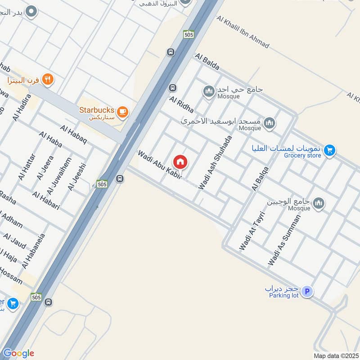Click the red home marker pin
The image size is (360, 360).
click(x=180, y=162)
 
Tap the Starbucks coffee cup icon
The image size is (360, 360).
click(x=122, y=112)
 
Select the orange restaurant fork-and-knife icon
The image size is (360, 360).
click(x=48, y=80)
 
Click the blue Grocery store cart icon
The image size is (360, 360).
click(x=330, y=150)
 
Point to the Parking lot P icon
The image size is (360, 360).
click(x=307, y=292)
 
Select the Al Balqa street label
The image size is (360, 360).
click(x=261, y=179)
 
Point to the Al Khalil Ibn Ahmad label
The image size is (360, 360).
click(x=243, y=31)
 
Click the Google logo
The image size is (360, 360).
click(x=18, y=353)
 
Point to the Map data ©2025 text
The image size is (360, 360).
click(x=335, y=356)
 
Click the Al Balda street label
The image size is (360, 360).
click(x=207, y=62)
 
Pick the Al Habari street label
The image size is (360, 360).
click(x=46, y=201)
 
